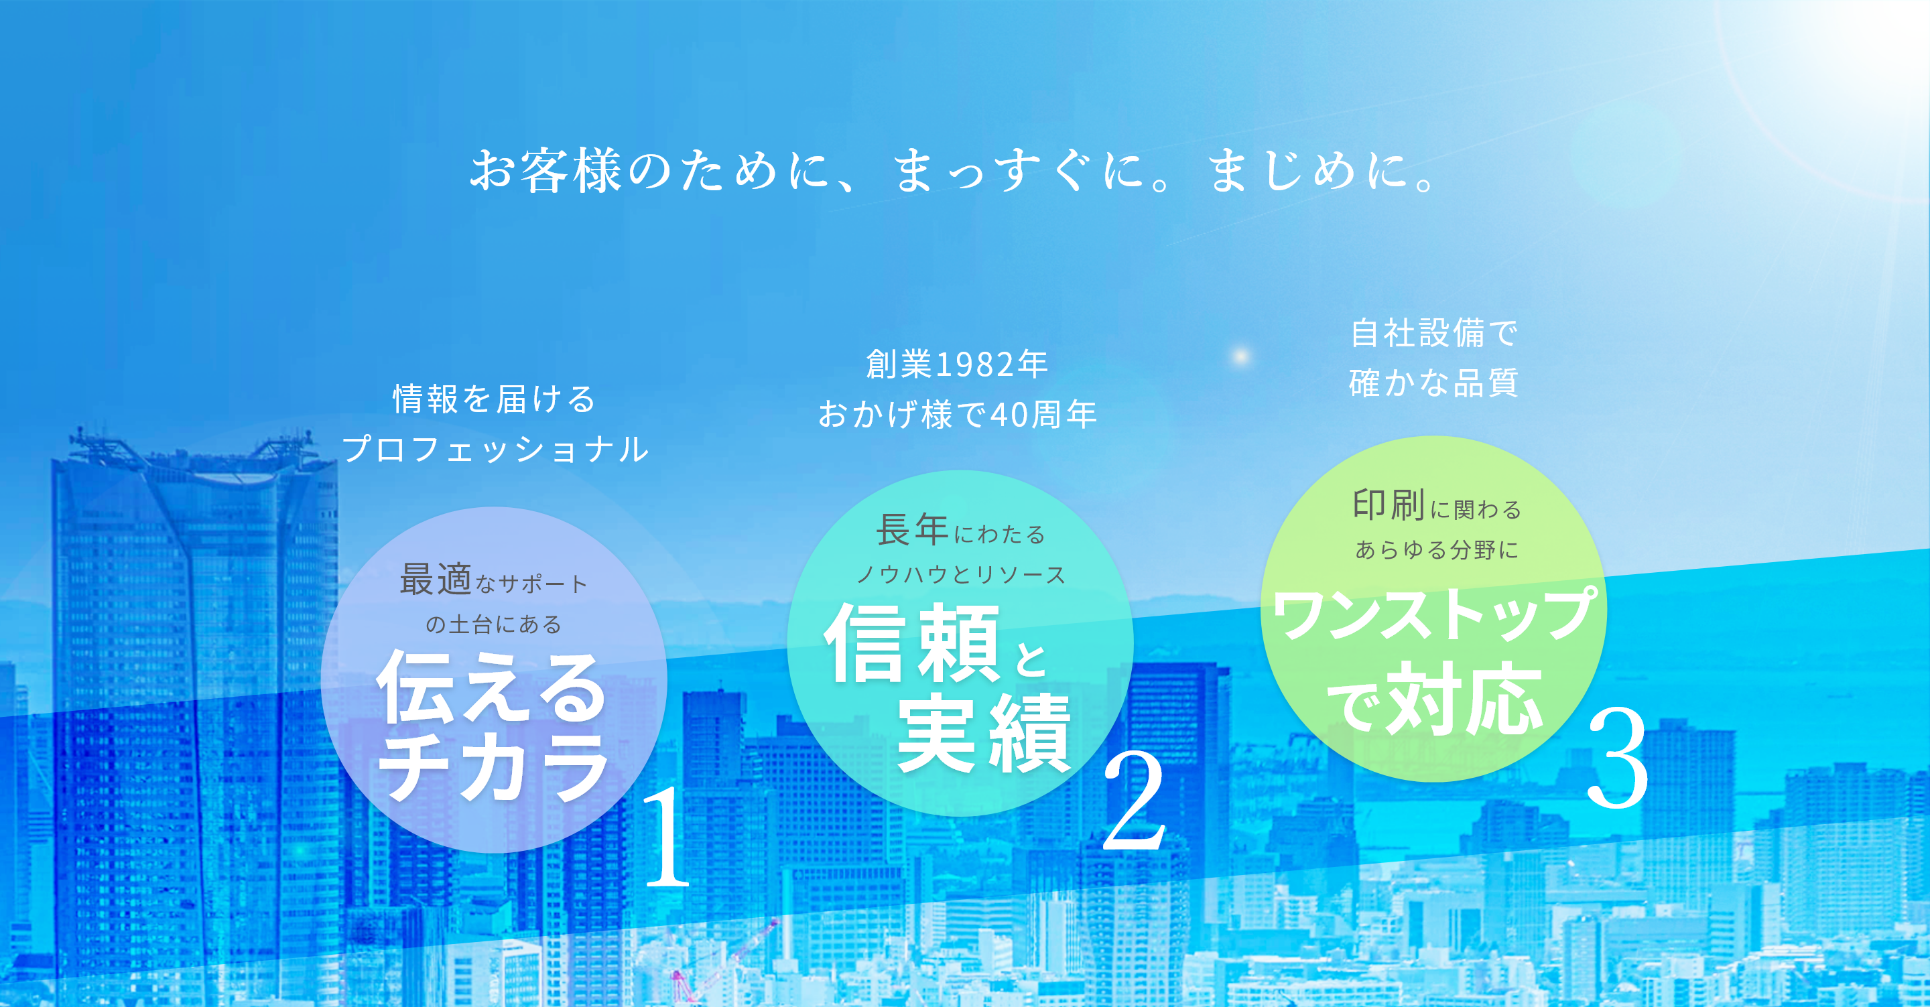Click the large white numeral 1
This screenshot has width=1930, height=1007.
point(667,837)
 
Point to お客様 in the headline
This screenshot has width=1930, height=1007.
point(546,170)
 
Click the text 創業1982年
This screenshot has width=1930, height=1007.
point(957,364)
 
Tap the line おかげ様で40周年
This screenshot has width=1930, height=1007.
point(958,414)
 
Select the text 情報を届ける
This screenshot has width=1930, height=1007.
point(495,399)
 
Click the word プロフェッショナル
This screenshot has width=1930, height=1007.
point(495,449)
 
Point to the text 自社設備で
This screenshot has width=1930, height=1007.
point(1434,333)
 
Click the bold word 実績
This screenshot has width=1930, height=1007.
point(984,732)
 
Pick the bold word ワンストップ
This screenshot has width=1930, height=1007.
point(1435,614)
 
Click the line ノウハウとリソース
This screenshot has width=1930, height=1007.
point(960,575)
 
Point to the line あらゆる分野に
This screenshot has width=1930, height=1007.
point(1437,550)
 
